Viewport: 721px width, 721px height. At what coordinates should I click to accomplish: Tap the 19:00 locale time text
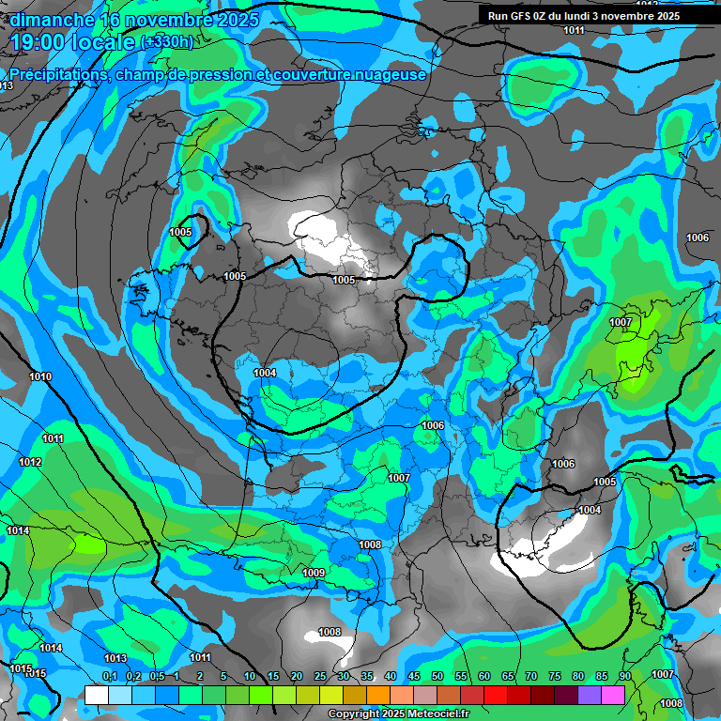(x=71, y=41)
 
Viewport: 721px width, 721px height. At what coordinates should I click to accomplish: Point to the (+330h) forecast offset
(x=166, y=41)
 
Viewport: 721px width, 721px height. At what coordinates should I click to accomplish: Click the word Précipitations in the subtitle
(x=56, y=74)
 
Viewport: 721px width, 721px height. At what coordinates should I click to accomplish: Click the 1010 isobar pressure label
(x=40, y=376)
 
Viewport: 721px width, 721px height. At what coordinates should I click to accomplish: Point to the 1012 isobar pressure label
(x=30, y=462)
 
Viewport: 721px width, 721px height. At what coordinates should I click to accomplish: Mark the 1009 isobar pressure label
(x=314, y=573)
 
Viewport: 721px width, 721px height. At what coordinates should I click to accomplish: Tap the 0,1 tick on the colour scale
(x=110, y=676)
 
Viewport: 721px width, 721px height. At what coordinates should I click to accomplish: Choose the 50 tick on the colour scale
(x=437, y=676)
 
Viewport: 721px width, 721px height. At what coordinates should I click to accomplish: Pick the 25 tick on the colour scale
(x=320, y=676)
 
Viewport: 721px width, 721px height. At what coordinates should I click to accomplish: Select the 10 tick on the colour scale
(x=250, y=676)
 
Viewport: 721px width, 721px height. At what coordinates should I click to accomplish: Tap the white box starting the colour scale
(x=97, y=695)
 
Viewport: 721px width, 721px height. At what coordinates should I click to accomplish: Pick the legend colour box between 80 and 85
(x=590, y=695)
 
